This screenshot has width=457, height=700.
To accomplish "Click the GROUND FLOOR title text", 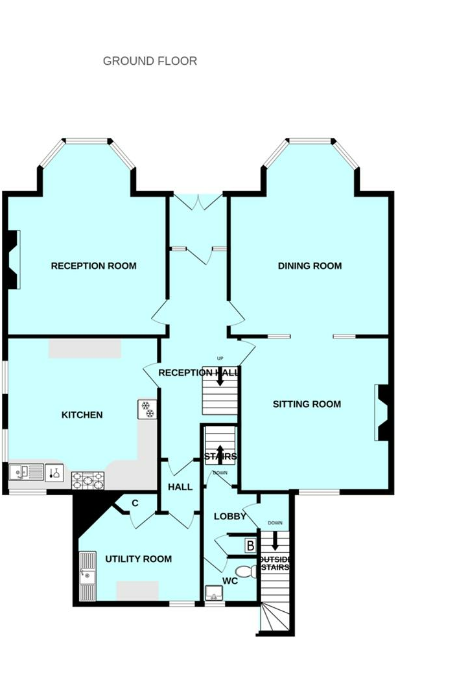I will pos(150,61).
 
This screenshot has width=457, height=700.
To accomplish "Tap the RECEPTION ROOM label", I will pos(93,266).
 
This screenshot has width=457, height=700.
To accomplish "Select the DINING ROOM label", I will pos(309,266).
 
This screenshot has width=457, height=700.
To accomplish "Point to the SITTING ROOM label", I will pos(307,404).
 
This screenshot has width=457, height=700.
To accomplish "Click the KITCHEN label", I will pos(82,415).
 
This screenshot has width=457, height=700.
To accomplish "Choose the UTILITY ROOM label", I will pos(138,559).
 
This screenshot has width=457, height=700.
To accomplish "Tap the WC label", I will pos(230,581).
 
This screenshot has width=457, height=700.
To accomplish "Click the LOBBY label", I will pos(230,517).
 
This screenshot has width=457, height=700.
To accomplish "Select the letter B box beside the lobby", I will pos(250,546).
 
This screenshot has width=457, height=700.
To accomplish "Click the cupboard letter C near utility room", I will pos(135,503).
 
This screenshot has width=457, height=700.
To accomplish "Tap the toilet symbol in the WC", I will pos(246,571).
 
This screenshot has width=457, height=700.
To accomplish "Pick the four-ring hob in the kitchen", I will pos(88,480).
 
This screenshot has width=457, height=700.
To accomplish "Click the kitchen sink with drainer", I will pos(26,472).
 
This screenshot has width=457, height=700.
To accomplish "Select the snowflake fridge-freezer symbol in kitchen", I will pos(147,410).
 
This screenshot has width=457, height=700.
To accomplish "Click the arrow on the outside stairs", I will pos(275,541).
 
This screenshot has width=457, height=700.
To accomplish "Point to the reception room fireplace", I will pos(12,259).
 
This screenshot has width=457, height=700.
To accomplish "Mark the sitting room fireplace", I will pos(382,413).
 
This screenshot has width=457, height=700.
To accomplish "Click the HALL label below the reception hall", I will pos(180,487).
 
